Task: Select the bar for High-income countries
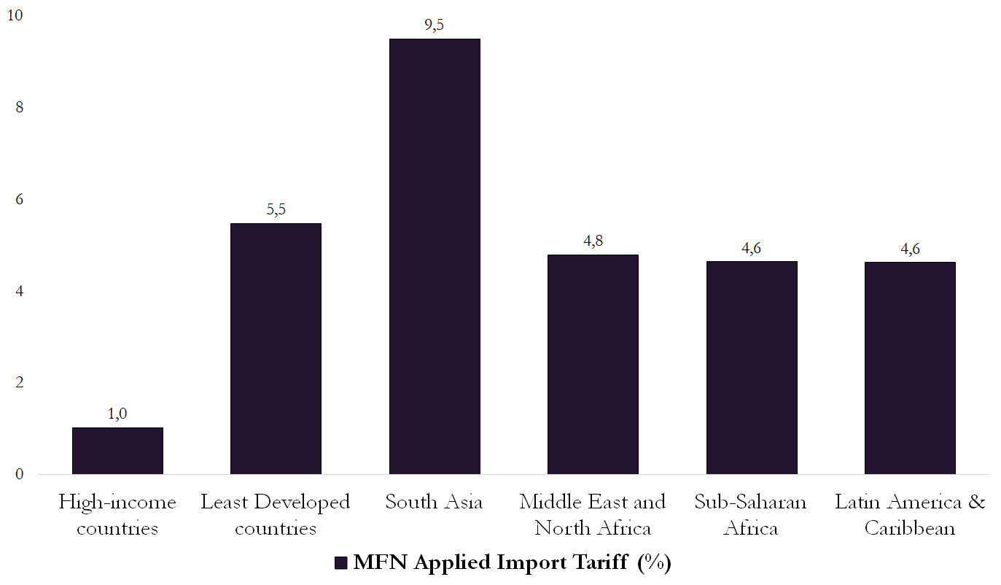pyautogui.click(x=117, y=451)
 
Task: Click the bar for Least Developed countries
pyautogui.click(x=276, y=349)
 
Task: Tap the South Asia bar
pyautogui.click(x=435, y=257)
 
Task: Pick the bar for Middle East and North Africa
pyautogui.click(x=593, y=365)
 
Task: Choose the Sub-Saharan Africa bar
pyautogui.click(x=752, y=368)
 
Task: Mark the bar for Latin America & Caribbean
pyautogui.click(x=910, y=368)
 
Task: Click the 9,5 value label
pyautogui.click(x=435, y=26)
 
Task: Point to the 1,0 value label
pyautogui.click(x=117, y=414)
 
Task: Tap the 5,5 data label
pyautogui.click(x=276, y=210)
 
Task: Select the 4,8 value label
pyautogui.click(x=593, y=241)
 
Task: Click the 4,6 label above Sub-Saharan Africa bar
pyautogui.click(x=752, y=248)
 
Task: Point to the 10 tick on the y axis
pyautogui.click(x=14, y=15)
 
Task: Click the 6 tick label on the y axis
pyautogui.click(x=19, y=199)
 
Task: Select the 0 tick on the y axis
pyautogui.click(x=19, y=475)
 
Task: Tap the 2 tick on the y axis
pyautogui.click(x=19, y=383)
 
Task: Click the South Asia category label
pyautogui.click(x=435, y=503)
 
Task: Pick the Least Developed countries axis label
pyautogui.click(x=276, y=515)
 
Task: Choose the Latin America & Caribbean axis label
pyautogui.click(x=910, y=515)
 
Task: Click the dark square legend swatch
pyautogui.click(x=340, y=563)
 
